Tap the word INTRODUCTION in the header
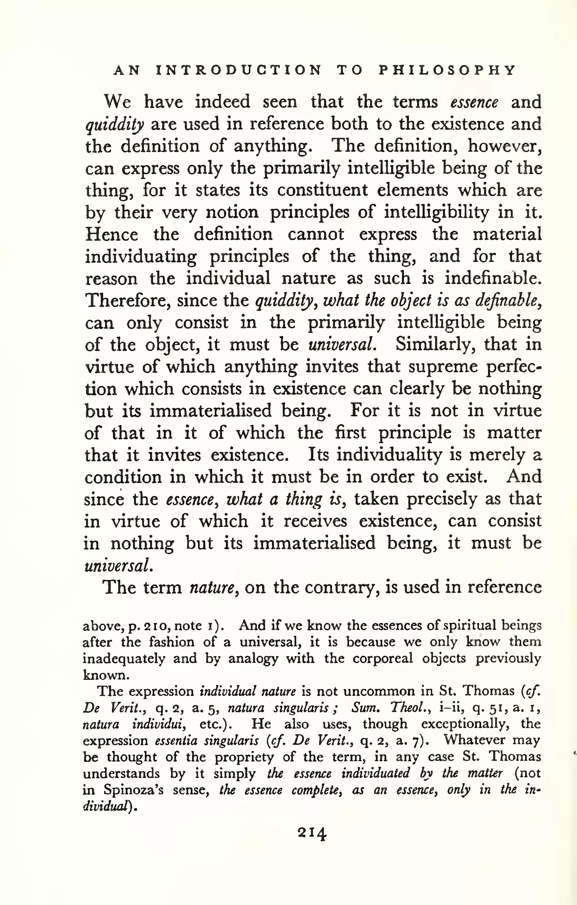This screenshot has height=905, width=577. (239, 70)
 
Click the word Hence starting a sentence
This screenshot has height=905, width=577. (111, 234)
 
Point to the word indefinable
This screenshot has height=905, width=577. (493, 278)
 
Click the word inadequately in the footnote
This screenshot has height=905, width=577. (124, 658)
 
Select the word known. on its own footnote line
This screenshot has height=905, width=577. (106, 675)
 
